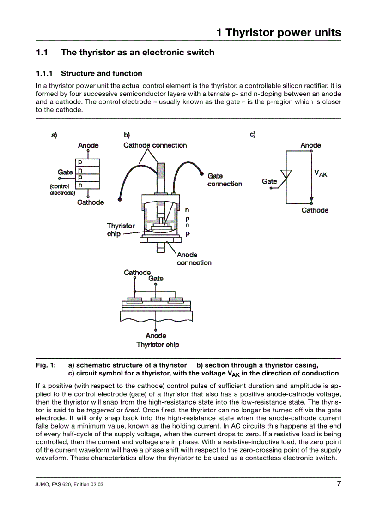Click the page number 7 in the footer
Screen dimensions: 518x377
point(338,484)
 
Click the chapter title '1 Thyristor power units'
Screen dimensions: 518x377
point(279,32)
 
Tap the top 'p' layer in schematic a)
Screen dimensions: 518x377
point(80,162)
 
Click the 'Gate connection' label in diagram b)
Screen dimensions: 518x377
point(225,180)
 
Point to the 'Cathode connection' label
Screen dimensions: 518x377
point(155,145)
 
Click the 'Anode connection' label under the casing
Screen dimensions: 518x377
point(194,259)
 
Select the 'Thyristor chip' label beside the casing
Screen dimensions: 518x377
point(120,230)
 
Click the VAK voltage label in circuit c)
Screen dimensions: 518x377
point(321,173)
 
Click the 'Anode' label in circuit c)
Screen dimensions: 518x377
point(310,145)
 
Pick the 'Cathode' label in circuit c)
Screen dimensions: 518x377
point(315,210)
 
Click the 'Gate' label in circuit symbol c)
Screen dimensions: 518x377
point(269,181)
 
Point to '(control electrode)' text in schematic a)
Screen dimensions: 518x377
point(62,190)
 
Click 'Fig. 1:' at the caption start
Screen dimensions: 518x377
point(46,365)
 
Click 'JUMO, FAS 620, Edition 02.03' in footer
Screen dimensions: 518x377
point(69,485)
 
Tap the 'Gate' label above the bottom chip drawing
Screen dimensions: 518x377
point(156,279)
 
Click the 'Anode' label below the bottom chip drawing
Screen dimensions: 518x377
point(156,336)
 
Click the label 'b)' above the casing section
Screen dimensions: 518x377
point(127,135)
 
